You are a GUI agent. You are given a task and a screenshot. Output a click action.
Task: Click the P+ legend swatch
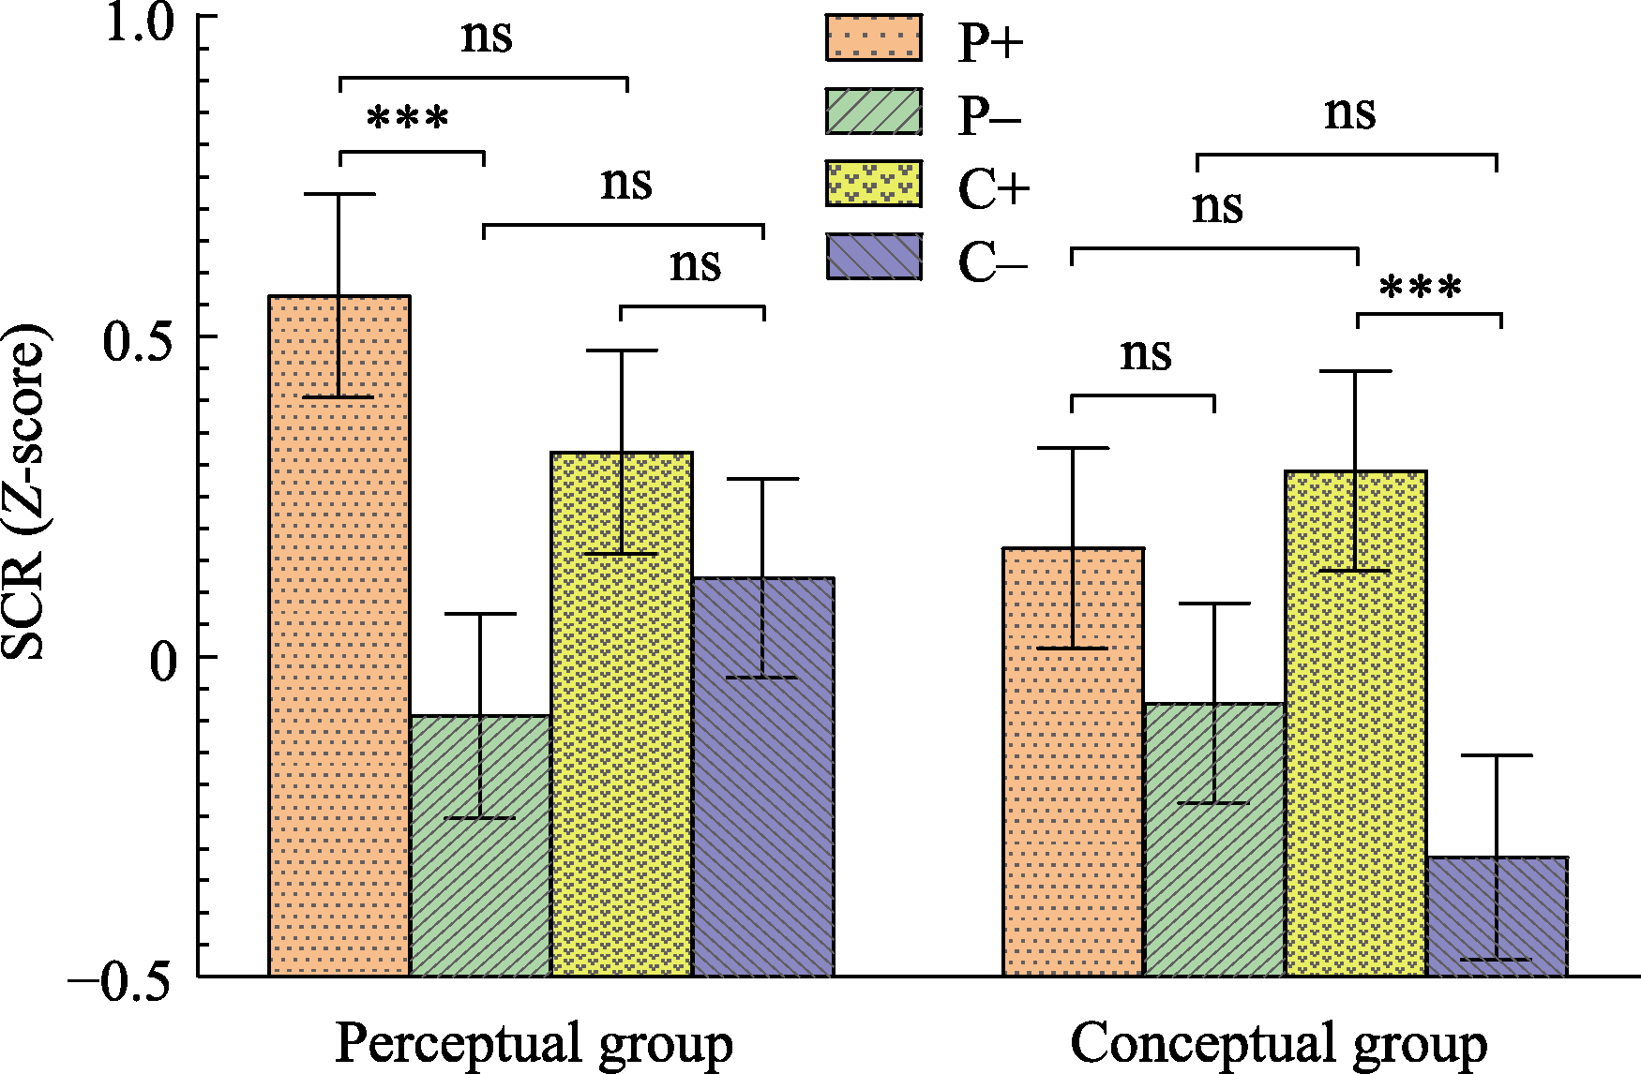(x=873, y=37)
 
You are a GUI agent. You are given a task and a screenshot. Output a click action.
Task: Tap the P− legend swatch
(x=873, y=112)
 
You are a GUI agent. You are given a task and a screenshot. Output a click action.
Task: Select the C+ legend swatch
(x=873, y=185)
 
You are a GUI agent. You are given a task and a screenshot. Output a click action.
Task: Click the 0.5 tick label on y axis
(x=140, y=341)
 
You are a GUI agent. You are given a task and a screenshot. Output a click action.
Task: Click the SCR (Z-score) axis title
(x=24, y=492)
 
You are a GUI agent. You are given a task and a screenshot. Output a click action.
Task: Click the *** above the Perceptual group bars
(x=408, y=119)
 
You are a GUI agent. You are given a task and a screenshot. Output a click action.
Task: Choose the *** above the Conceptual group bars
(x=1420, y=287)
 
